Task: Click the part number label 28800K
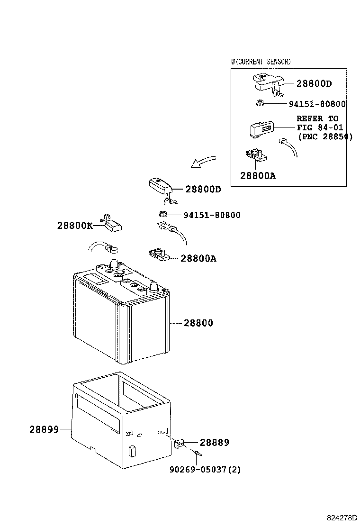pos(75,226)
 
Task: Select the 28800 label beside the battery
pos(198,323)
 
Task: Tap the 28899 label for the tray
pos(44,429)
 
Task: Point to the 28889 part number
pos(214,443)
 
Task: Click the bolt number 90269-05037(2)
pos(205,470)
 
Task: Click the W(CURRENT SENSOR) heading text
pos(261,62)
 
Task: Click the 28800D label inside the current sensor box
pos(314,84)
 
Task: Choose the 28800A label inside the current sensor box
pos(258,176)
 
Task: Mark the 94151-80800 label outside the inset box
pos(212,215)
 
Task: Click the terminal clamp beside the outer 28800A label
pos(158,254)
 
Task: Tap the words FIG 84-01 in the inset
pos(320,127)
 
